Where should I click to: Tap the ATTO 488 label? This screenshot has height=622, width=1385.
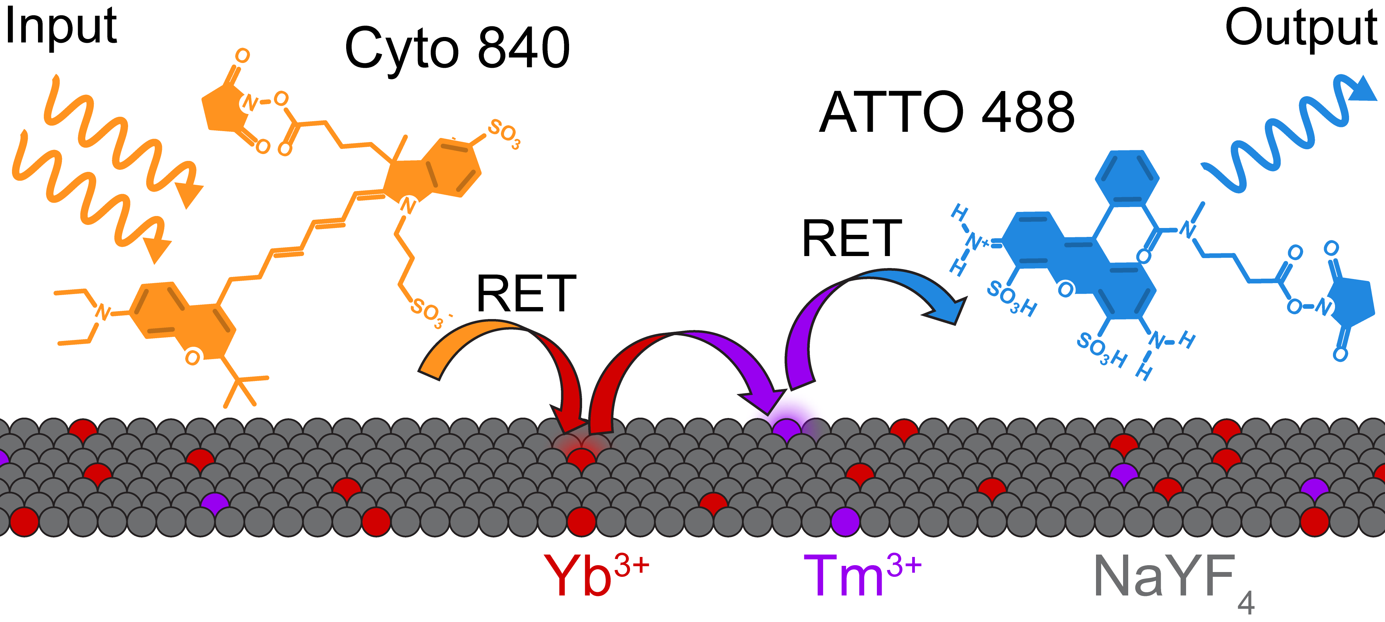(x=946, y=113)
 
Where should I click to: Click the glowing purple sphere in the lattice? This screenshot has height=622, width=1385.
(x=786, y=429)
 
